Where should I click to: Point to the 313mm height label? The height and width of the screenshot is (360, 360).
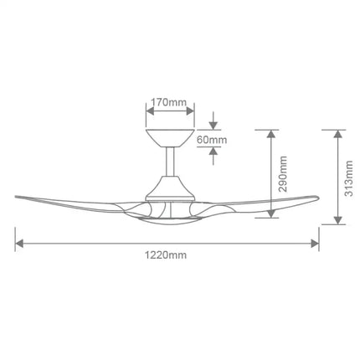349,176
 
